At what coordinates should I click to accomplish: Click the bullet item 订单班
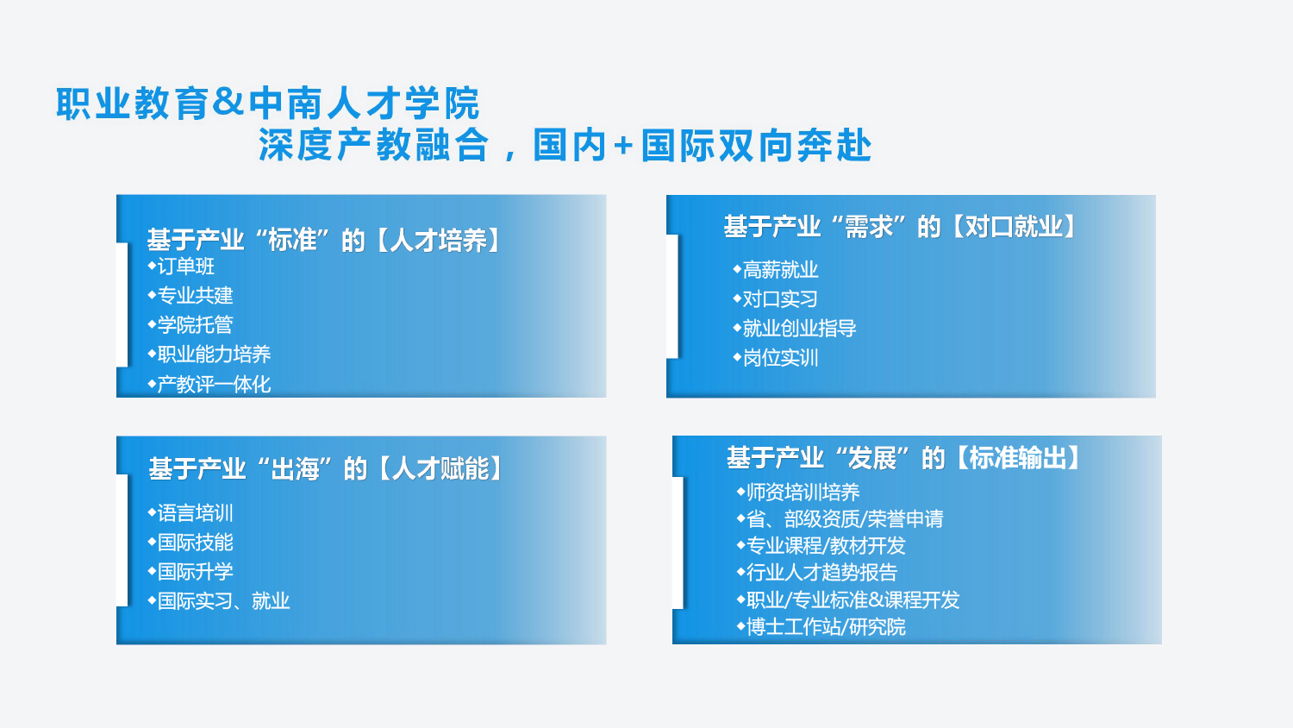point(181,267)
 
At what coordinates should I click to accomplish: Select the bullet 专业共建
point(191,295)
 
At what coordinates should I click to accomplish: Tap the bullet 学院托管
point(191,324)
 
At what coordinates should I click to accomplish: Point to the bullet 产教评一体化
point(209,384)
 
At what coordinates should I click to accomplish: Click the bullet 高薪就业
point(775,270)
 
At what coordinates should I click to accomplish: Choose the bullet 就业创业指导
point(794,328)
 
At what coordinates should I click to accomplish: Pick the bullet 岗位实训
point(775,358)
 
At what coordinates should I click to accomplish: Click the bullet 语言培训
point(191,513)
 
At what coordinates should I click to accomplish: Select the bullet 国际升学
point(191,571)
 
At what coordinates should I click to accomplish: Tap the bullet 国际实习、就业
point(219,601)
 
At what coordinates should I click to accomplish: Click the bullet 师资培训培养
point(798,493)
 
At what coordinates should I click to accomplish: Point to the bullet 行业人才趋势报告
point(817,573)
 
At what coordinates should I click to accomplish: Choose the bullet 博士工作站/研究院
point(821,627)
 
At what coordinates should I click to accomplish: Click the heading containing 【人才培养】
point(324,241)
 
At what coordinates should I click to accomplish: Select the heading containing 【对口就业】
point(901,227)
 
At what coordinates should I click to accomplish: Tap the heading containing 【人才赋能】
point(326,468)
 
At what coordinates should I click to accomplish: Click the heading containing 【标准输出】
point(904,458)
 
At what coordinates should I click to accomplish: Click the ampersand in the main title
point(228,103)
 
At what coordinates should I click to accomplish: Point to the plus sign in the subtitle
point(623,146)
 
